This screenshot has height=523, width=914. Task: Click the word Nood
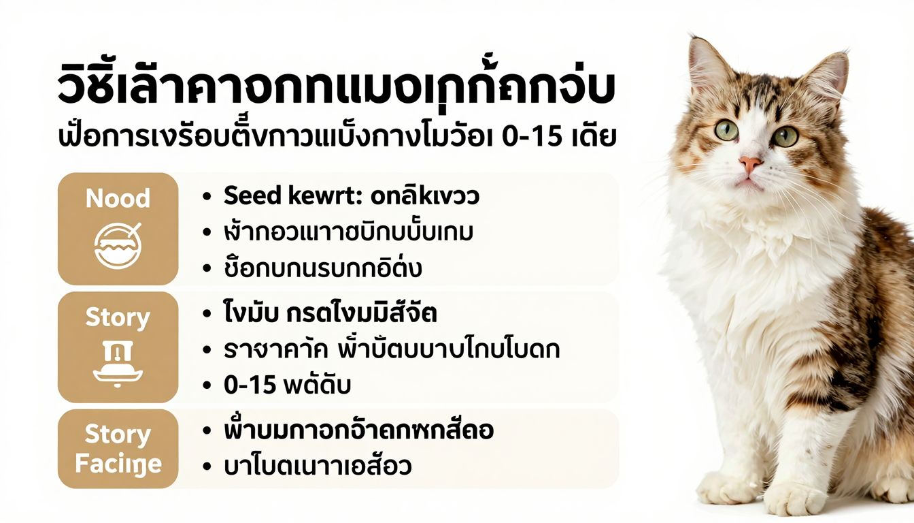[x=118, y=198]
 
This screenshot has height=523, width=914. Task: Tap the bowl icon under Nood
[x=118, y=245]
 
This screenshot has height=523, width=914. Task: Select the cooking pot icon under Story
[x=118, y=365]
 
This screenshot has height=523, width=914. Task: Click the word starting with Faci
[x=118, y=464]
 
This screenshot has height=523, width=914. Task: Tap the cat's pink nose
[x=750, y=164]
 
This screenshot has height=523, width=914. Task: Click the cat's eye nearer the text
[x=726, y=129]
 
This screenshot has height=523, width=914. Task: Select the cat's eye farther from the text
[x=784, y=136]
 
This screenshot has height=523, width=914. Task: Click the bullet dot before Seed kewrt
[x=206, y=197]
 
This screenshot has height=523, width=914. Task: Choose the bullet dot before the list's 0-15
[x=206, y=385]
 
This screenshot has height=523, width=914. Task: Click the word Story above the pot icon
[x=118, y=318]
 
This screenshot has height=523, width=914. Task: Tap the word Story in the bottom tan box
[x=118, y=434]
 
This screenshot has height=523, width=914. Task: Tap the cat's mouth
[x=747, y=181]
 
